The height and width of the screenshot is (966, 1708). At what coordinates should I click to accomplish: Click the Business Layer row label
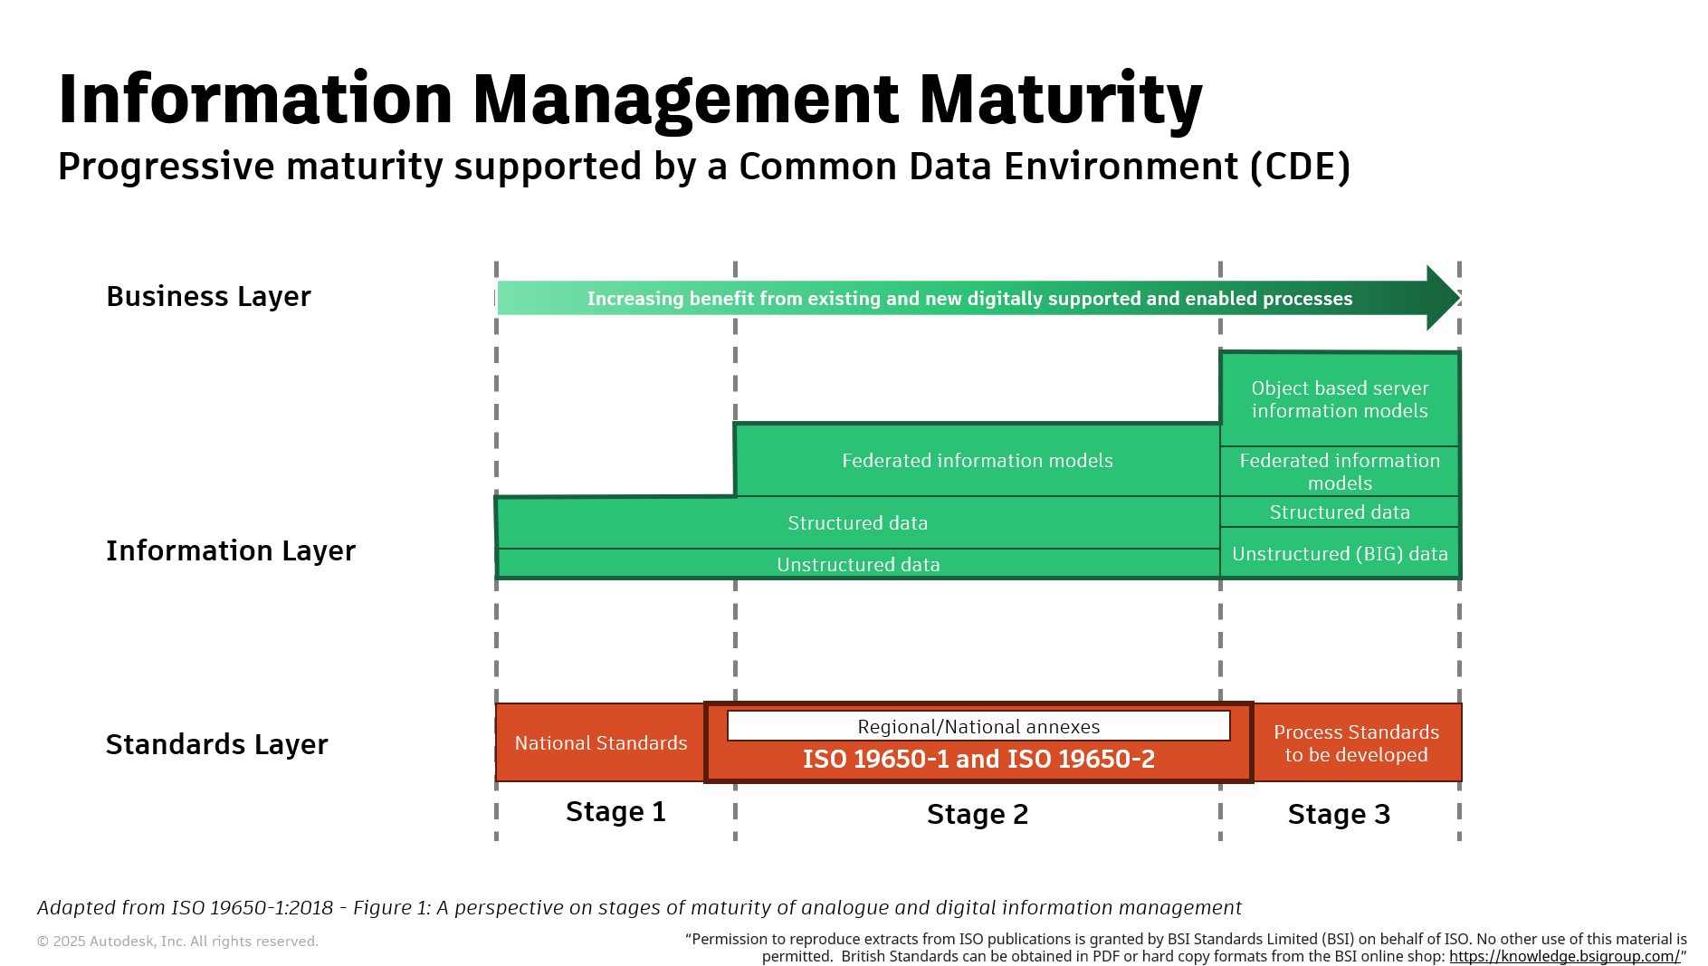[x=208, y=297]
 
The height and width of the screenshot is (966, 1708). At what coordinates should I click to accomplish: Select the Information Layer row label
[x=230, y=550]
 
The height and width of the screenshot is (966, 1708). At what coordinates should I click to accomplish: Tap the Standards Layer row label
[x=216, y=744]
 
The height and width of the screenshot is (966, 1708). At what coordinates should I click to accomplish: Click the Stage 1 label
[x=615, y=812]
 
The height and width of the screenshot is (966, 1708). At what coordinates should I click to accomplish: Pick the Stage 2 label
[x=978, y=815]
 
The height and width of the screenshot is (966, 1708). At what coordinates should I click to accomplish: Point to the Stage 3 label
[x=1339, y=815]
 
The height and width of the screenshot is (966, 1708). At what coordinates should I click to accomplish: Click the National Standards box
[x=600, y=743]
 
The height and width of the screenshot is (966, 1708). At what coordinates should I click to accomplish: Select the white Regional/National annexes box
[x=978, y=727]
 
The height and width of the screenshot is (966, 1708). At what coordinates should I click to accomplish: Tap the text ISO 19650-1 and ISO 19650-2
[x=978, y=760]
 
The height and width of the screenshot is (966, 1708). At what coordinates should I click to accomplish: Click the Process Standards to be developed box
[x=1356, y=743]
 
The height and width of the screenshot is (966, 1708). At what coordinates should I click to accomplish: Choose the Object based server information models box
[x=1340, y=399]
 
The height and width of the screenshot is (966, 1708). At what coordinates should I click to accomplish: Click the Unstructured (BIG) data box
[x=1340, y=554]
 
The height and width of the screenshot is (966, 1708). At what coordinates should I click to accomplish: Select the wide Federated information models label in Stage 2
[x=977, y=461]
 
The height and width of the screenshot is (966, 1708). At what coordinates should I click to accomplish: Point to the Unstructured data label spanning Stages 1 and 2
[x=858, y=565]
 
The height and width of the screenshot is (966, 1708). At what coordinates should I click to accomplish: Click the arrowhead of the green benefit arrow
[x=1443, y=298]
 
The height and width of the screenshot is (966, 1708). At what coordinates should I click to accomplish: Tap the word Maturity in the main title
[x=1060, y=100]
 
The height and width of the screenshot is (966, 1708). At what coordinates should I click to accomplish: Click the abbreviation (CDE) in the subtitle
[x=1300, y=167]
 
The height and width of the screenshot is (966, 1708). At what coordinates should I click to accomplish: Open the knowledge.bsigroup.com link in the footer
[x=1564, y=957]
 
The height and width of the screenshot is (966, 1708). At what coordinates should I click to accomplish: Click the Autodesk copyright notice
[x=177, y=942]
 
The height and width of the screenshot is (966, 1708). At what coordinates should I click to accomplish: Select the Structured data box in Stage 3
[x=1340, y=512]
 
